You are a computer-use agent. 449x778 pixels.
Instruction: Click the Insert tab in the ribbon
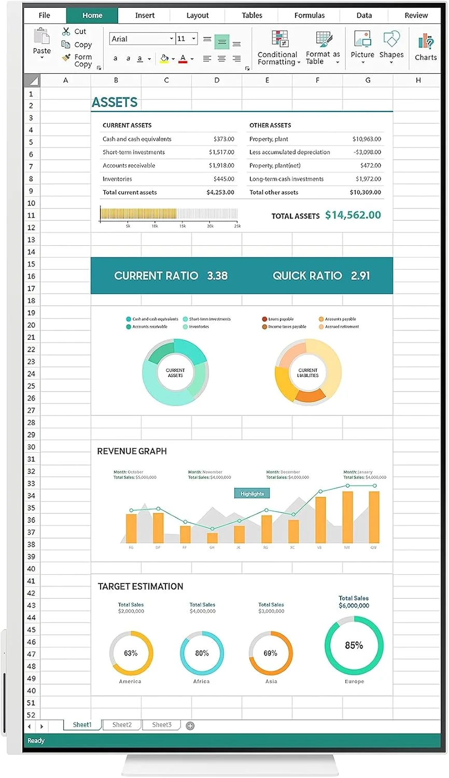tap(145, 16)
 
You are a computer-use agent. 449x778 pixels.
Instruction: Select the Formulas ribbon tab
tap(310, 16)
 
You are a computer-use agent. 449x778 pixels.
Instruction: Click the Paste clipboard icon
tap(41, 37)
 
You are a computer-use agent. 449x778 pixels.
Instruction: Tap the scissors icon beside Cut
tap(66, 32)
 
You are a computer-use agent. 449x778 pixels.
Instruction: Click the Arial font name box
tap(140, 39)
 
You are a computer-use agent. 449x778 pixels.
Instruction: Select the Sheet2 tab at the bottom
tap(122, 725)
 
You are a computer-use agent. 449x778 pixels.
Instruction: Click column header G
tap(368, 80)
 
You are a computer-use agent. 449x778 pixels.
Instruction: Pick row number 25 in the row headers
tap(31, 386)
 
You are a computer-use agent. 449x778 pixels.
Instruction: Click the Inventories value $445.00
tap(223, 179)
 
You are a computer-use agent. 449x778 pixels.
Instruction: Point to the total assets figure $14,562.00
tap(353, 215)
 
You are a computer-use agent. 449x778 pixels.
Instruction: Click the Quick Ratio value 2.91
tap(360, 276)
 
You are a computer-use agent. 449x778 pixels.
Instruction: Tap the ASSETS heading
tap(115, 103)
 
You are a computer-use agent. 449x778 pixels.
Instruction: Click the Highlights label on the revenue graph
tap(252, 494)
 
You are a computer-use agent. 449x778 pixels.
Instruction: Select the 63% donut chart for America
tap(131, 653)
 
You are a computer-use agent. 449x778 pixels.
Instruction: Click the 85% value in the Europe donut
tap(354, 646)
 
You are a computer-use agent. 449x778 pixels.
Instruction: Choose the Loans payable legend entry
tap(280, 319)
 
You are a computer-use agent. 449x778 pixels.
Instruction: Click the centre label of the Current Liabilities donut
tap(308, 373)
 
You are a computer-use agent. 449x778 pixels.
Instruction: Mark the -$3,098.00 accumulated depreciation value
tap(367, 152)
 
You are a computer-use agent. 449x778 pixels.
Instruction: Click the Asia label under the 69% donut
tap(271, 682)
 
